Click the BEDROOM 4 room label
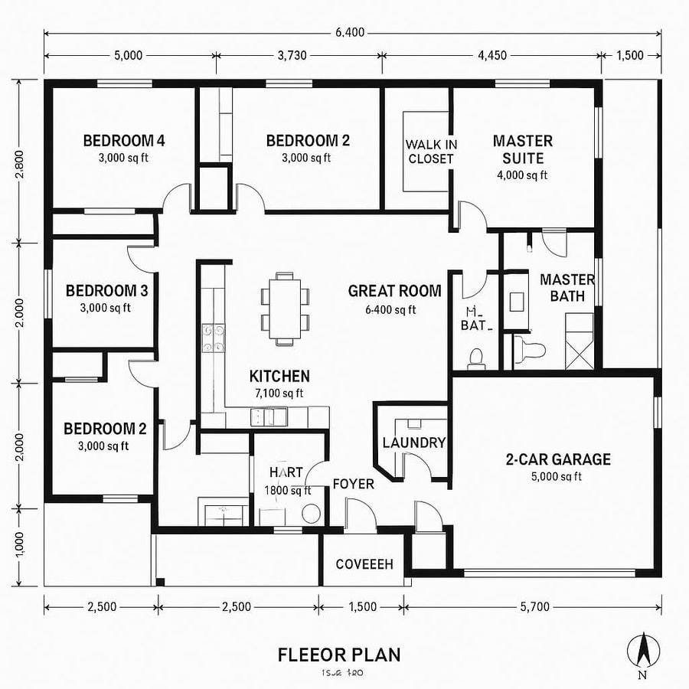[124, 141]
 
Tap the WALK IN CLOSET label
[430, 152]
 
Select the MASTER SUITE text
[522, 149]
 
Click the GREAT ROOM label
[394, 291]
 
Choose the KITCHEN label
[279, 376]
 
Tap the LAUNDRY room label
[413, 442]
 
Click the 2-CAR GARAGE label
[557, 459]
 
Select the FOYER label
[353, 484]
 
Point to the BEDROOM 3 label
[106, 291]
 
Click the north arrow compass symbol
[643, 651]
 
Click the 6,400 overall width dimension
[349, 32]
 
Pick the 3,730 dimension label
[299, 55]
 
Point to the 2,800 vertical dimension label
[21, 163]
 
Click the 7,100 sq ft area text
[279, 393]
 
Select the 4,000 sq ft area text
[522, 175]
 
